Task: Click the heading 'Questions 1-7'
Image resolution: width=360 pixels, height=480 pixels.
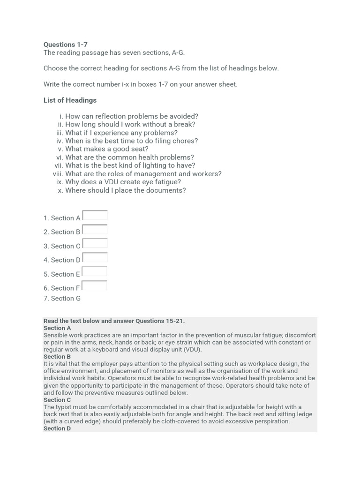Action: pyautogui.click(x=65, y=45)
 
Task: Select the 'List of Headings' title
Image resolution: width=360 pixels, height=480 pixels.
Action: pyautogui.click(x=70, y=100)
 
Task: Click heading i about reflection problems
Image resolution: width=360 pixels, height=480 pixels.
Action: pyautogui.click(x=131, y=116)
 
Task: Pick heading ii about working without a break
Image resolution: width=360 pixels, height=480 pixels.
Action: pyautogui.click(x=130, y=124)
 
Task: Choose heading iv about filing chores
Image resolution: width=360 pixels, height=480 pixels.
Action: pyautogui.click(x=131, y=141)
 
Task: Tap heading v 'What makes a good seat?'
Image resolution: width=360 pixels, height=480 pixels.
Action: pyautogui.click(x=106, y=149)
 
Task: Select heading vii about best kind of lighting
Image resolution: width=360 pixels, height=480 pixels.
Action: pyautogui.click(x=130, y=165)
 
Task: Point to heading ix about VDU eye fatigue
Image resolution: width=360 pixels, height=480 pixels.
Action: pyautogui.click(x=123, y=182)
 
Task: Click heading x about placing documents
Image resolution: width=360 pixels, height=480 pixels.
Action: pyautogui.click(x=125, y=190)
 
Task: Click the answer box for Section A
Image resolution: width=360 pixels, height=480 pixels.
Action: pyautogui.click(x=95, y=216)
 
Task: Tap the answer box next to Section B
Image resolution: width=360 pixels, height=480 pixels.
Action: pyautogui.click(x=95, y=230)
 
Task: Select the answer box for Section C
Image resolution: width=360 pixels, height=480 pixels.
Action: pyautogui.click(x=95, y=244)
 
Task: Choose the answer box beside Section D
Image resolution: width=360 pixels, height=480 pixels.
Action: pyautogui.click(x=95, y=258)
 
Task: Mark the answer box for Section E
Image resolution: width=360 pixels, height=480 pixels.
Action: pyautogui.click(x=95, y=272)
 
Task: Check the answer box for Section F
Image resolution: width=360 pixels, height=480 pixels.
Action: pyautogui.click(x=95, y=285)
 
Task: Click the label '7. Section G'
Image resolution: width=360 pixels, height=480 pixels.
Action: pyautogui.click(x=62, y=298)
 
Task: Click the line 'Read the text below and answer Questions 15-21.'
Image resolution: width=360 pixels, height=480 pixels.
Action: pyautogui.click(x=114, y=321)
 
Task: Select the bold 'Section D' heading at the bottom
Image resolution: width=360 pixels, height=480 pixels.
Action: pyautogui.click(x=57, y=428)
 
